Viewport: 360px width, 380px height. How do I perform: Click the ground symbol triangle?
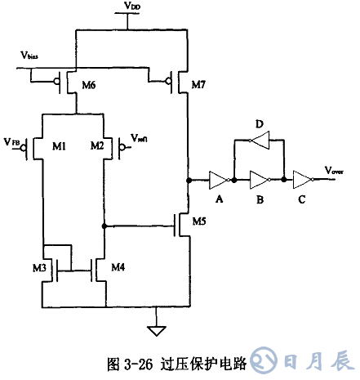(153, 331)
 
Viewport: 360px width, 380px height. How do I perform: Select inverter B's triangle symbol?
(259, 179)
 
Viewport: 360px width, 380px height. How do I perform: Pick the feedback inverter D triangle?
(259, 141)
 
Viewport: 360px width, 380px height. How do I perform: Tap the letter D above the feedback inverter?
(259, 123)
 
